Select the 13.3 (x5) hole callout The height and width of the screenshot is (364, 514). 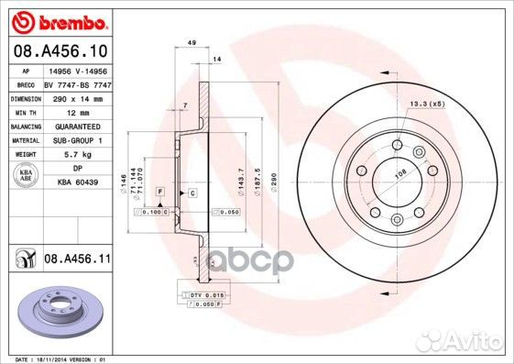(426, 105)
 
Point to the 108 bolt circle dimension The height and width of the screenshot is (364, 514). (399, 171)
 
